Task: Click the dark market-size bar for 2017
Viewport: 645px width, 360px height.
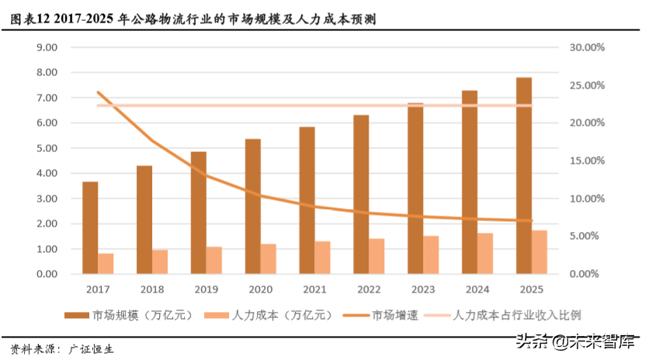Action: [x=90, y=227]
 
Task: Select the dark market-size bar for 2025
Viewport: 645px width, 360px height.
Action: [x=524, y=175]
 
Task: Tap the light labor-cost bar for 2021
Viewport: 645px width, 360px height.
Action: [x=322, y=257]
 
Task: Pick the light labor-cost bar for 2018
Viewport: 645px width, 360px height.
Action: [x=160, y=261]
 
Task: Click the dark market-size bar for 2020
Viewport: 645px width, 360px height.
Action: [x=253, y=206]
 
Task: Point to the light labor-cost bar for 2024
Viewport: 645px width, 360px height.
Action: [x=485, y=253]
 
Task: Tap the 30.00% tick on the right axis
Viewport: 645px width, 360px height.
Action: [x=586, y=47]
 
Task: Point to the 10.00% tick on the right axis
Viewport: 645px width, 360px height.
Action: [x=586, y=199]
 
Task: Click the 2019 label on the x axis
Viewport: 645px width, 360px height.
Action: [x=206, y=290]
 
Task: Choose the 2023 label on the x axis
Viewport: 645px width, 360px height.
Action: [x=423, y=290]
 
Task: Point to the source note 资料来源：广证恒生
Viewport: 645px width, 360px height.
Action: [x=62, y=348]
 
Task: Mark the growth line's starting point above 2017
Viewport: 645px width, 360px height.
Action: [x=98, y=92]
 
